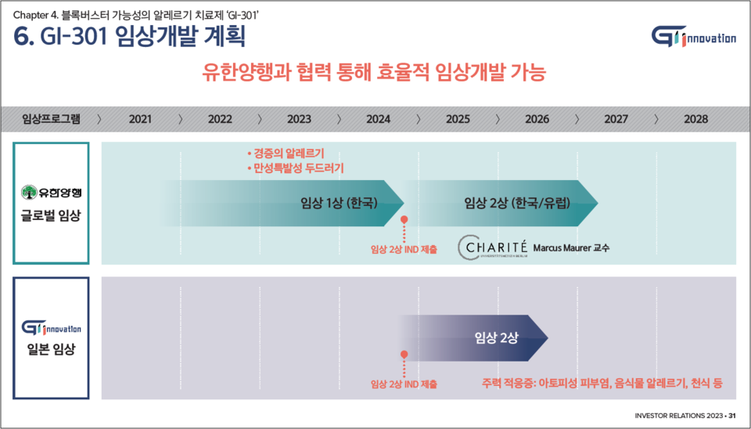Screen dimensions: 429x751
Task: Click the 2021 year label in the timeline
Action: tap(140, 119)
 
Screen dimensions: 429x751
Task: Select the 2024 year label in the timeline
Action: tap(378, 119)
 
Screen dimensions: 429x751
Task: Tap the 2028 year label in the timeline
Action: tap(695, 119)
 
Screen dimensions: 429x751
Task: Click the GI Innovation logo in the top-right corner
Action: tap(692, 36)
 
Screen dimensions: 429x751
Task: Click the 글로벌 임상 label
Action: tap(51, 215)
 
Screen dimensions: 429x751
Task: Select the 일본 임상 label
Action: tap(51, 350)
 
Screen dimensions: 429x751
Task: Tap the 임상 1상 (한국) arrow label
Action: tap(339, 203)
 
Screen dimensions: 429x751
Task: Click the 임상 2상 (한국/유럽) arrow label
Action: tap(516, 203)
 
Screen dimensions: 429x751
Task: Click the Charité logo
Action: tap(491, 247)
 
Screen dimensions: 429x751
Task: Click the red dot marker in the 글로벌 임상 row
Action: tap(404, 222)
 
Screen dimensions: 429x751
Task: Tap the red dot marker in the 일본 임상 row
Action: tap(404, 355)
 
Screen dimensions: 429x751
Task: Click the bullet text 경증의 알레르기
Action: tap(285, 153)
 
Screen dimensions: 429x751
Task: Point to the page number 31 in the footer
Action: tap(732, 415)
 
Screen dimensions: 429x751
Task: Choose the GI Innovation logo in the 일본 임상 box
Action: tap(52, 328)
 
